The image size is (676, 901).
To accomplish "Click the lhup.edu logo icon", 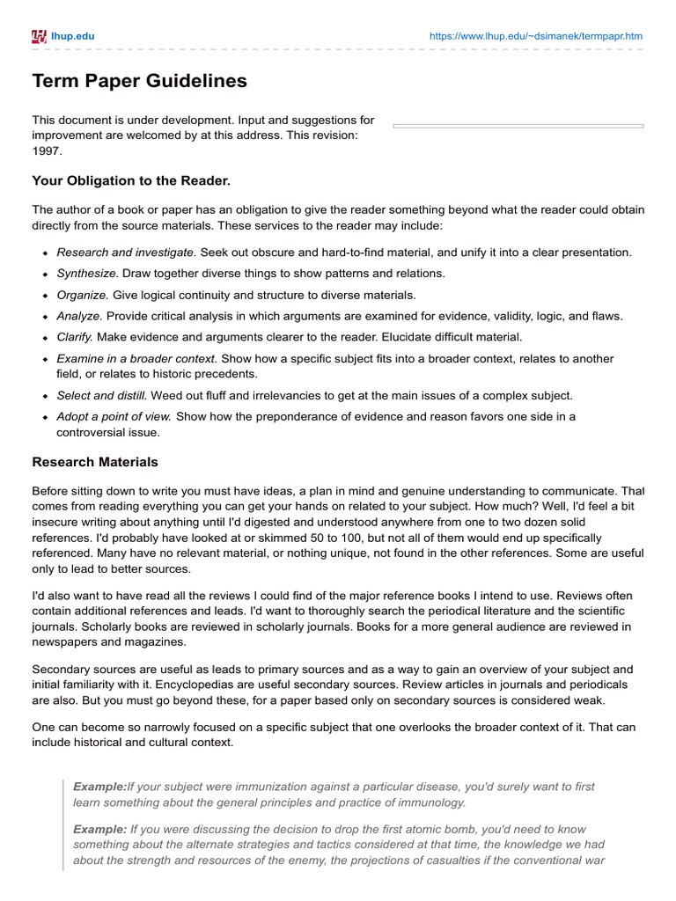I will [x=39, y=36].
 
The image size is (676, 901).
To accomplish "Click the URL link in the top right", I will [x=536, y=36].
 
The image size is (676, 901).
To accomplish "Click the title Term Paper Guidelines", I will [x=139, y=82].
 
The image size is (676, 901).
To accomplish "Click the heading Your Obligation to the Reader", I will [x=131, y=181].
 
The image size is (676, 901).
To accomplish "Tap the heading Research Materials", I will [x=95, y=461].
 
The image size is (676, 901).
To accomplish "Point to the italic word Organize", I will [x=82, y=295].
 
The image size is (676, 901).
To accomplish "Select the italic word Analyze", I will [x=79, y=316].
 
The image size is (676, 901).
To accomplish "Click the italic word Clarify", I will [x=75, y=337].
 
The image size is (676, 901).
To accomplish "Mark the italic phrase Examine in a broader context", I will [x=136, y=359].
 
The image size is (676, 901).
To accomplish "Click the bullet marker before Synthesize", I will [x=44, y=275].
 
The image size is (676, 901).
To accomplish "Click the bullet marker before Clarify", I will [x=44, y=338].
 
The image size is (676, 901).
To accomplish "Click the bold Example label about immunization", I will [x=99, y=786].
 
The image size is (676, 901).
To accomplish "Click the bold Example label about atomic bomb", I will [x=99, y=829].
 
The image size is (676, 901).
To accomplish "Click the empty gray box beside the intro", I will [x=518, y=126].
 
